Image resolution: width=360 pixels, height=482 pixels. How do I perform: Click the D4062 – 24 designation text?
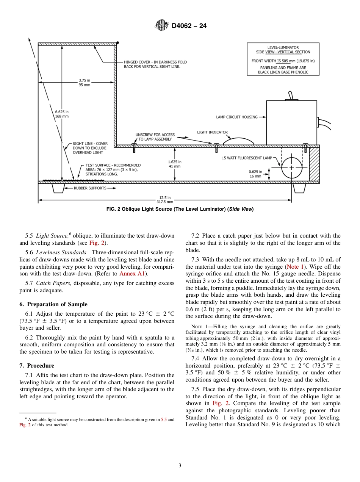pyautogui.click(x=189, y=26)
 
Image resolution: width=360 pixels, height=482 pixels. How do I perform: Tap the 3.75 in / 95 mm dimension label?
pyautogui.click(x=85, y=83)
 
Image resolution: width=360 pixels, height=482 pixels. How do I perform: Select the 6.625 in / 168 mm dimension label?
pyautogui.click(x=62, y=114)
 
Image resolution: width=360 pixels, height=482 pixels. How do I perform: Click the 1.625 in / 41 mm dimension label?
pyautogui.click(x=175, y=164)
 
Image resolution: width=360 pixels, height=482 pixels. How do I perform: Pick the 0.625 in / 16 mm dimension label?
pyautogui.click(x=255, y=174)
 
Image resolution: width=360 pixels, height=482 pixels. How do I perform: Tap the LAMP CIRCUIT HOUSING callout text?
pyautogui.click(x=237, y=117)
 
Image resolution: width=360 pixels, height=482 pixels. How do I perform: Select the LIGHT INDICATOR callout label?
pyautogui.click(x=212, y=132)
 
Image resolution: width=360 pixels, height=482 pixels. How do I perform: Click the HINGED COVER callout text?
pyautogui.click(x=155, y=64)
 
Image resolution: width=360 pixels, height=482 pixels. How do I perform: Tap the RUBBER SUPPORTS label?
pyautogui.click(x=90, y=188)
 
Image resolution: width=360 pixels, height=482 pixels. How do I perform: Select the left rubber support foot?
pyautogui.click(x=58, y=188)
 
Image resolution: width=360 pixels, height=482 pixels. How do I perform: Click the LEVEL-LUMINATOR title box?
pyautogui.click(x=283, y=59)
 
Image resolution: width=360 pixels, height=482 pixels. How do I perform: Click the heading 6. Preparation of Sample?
pyautogui.click(x=53, y=304)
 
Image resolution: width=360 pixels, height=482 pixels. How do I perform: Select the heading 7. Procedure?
pyautogui.click(x=37, y=366)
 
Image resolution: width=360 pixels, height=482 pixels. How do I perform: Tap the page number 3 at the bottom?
pyautogui.click(x=180, y=465)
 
